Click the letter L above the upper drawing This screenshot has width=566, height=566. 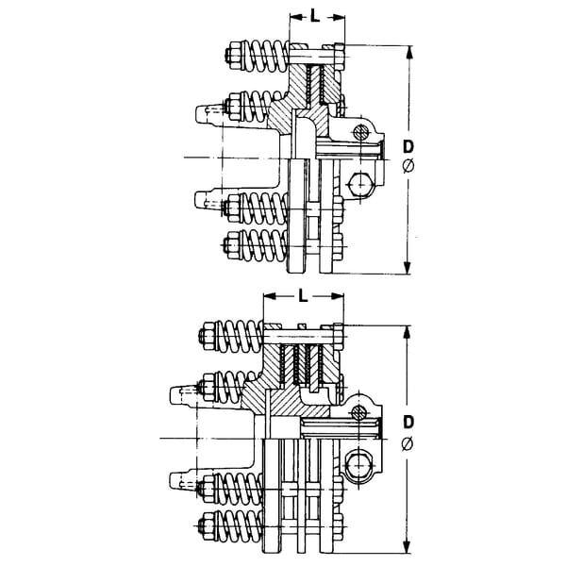[x=315, y=16]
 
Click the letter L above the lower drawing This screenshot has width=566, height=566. [x=303, y=295]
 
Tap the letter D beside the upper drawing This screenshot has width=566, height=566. [x=408, y=147]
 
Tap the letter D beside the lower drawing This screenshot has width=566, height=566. [x=408, y=422]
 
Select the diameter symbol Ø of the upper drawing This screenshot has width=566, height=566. [x=408, y=166]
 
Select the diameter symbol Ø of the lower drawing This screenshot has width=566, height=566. [x=408, y=444]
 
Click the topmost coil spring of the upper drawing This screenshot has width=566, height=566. [x=264, y=56]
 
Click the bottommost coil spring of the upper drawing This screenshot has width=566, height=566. [x=264, y=245]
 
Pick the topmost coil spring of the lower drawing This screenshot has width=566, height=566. [x=240, y=336]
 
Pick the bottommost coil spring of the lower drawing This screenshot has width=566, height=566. [x=239, y=525]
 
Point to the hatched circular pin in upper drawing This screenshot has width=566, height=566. [x=361, y=132]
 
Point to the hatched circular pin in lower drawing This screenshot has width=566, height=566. [x=358, y=412]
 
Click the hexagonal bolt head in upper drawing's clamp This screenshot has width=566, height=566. [x=358, y=185]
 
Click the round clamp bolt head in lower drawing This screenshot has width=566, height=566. [x=357, y=466]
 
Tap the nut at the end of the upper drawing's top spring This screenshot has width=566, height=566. [x=234, y=56]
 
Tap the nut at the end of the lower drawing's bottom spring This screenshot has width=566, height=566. [x=208, y=525]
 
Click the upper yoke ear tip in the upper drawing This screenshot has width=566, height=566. [x=200, y=114]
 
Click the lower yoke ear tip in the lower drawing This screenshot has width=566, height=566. [x=175, y=480]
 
